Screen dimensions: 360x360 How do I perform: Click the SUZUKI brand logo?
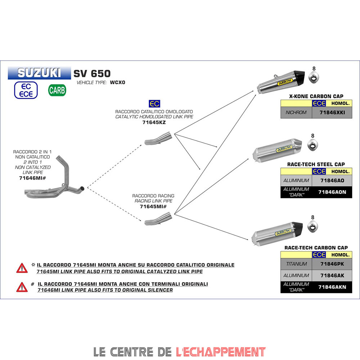point(39,73)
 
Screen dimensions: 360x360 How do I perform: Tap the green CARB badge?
point(57,90)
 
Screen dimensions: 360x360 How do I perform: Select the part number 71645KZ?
point(154,122)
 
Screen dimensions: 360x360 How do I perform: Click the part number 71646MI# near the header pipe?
point(32,178)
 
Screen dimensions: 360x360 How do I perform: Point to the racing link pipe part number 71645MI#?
point(153,207)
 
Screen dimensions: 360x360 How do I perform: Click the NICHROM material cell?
point(296,113)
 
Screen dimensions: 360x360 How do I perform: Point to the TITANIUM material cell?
point(296,264)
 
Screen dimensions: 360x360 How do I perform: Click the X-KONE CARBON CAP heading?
point(316,96)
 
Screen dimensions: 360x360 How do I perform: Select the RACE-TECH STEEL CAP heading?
point(316,165)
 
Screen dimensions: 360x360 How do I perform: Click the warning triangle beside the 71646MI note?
point(22,287)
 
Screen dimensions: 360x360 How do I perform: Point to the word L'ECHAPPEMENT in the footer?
point(221,351)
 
